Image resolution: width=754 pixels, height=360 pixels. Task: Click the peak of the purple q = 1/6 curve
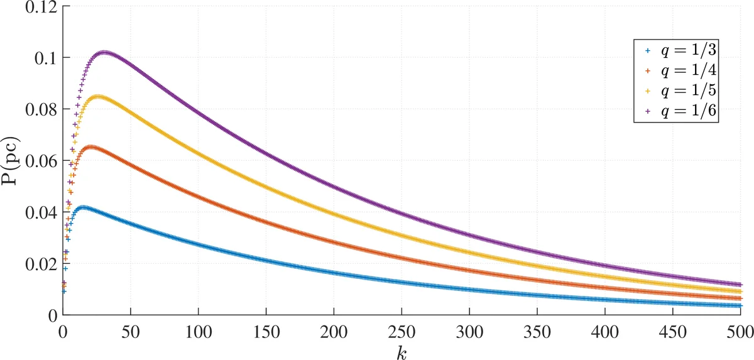104,53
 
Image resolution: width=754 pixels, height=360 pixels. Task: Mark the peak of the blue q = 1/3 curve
82,207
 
